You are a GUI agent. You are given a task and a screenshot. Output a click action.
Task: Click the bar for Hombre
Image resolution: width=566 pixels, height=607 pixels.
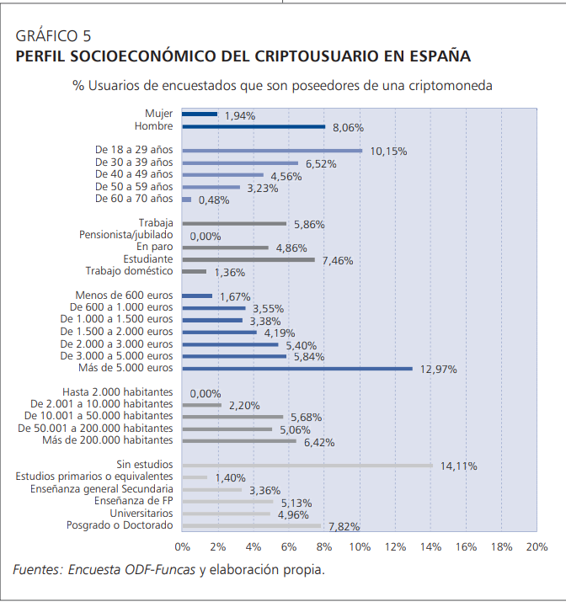coord(254,126)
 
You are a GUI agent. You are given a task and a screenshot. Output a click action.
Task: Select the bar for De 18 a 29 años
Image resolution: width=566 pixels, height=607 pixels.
coord(272,151)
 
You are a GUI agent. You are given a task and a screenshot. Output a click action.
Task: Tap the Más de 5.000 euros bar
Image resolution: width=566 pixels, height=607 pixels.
coord(297,369)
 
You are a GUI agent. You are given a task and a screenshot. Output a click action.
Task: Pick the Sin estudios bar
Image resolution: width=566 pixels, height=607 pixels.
coord(307,466)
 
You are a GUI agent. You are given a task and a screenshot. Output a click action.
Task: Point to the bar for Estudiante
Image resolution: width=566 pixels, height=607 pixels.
coord(248,259)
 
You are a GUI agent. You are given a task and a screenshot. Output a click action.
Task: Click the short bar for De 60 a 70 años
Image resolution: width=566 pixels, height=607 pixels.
coord(187,200)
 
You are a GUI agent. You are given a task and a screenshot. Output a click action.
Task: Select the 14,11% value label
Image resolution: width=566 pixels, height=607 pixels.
coord(459,466)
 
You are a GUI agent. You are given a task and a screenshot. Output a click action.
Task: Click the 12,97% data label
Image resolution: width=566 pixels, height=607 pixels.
coord(439,370)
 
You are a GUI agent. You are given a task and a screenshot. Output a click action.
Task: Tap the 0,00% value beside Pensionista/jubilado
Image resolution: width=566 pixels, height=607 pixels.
coord(206,236)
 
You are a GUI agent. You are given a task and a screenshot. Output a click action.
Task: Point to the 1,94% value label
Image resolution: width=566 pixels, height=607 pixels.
coord(240,115)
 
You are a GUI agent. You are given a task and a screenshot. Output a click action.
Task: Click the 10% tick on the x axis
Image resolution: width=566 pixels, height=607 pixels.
coord(360,547)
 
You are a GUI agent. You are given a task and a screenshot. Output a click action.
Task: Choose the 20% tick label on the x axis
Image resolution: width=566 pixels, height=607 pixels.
coord(537,547)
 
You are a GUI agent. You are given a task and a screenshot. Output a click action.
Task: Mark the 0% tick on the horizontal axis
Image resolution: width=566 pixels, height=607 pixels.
coord(183,547)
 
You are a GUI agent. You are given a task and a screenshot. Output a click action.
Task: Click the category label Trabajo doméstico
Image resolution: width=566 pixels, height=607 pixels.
coord(130,271)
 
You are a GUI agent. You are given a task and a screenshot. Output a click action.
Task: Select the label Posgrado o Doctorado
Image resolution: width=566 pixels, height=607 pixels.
coord(120,525)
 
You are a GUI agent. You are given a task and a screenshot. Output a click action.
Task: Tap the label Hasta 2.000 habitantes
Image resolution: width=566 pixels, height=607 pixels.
coord(118,392)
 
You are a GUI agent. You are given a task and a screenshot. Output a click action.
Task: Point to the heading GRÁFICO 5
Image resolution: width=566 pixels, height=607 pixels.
coord(53,36)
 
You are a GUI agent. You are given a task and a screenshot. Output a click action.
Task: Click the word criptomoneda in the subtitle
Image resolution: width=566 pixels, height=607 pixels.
coord(451,86)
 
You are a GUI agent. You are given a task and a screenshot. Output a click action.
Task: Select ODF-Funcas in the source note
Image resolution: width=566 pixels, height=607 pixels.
coord(160,570)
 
